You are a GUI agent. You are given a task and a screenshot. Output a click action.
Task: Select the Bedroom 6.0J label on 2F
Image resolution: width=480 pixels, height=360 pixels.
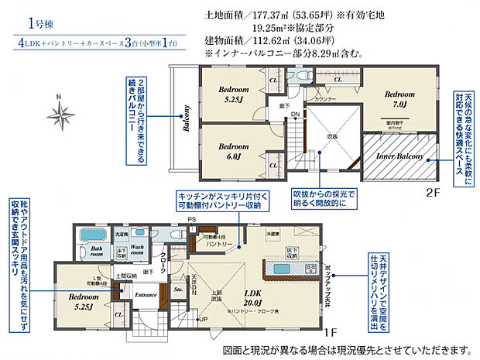click(232, 150)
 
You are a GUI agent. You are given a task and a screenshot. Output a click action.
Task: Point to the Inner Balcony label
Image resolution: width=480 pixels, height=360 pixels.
click(399, 157)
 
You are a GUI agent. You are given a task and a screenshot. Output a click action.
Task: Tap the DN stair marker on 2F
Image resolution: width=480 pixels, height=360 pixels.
click(295, 114)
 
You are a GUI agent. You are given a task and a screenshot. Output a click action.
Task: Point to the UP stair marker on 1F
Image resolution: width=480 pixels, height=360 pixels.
click(202, 319)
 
